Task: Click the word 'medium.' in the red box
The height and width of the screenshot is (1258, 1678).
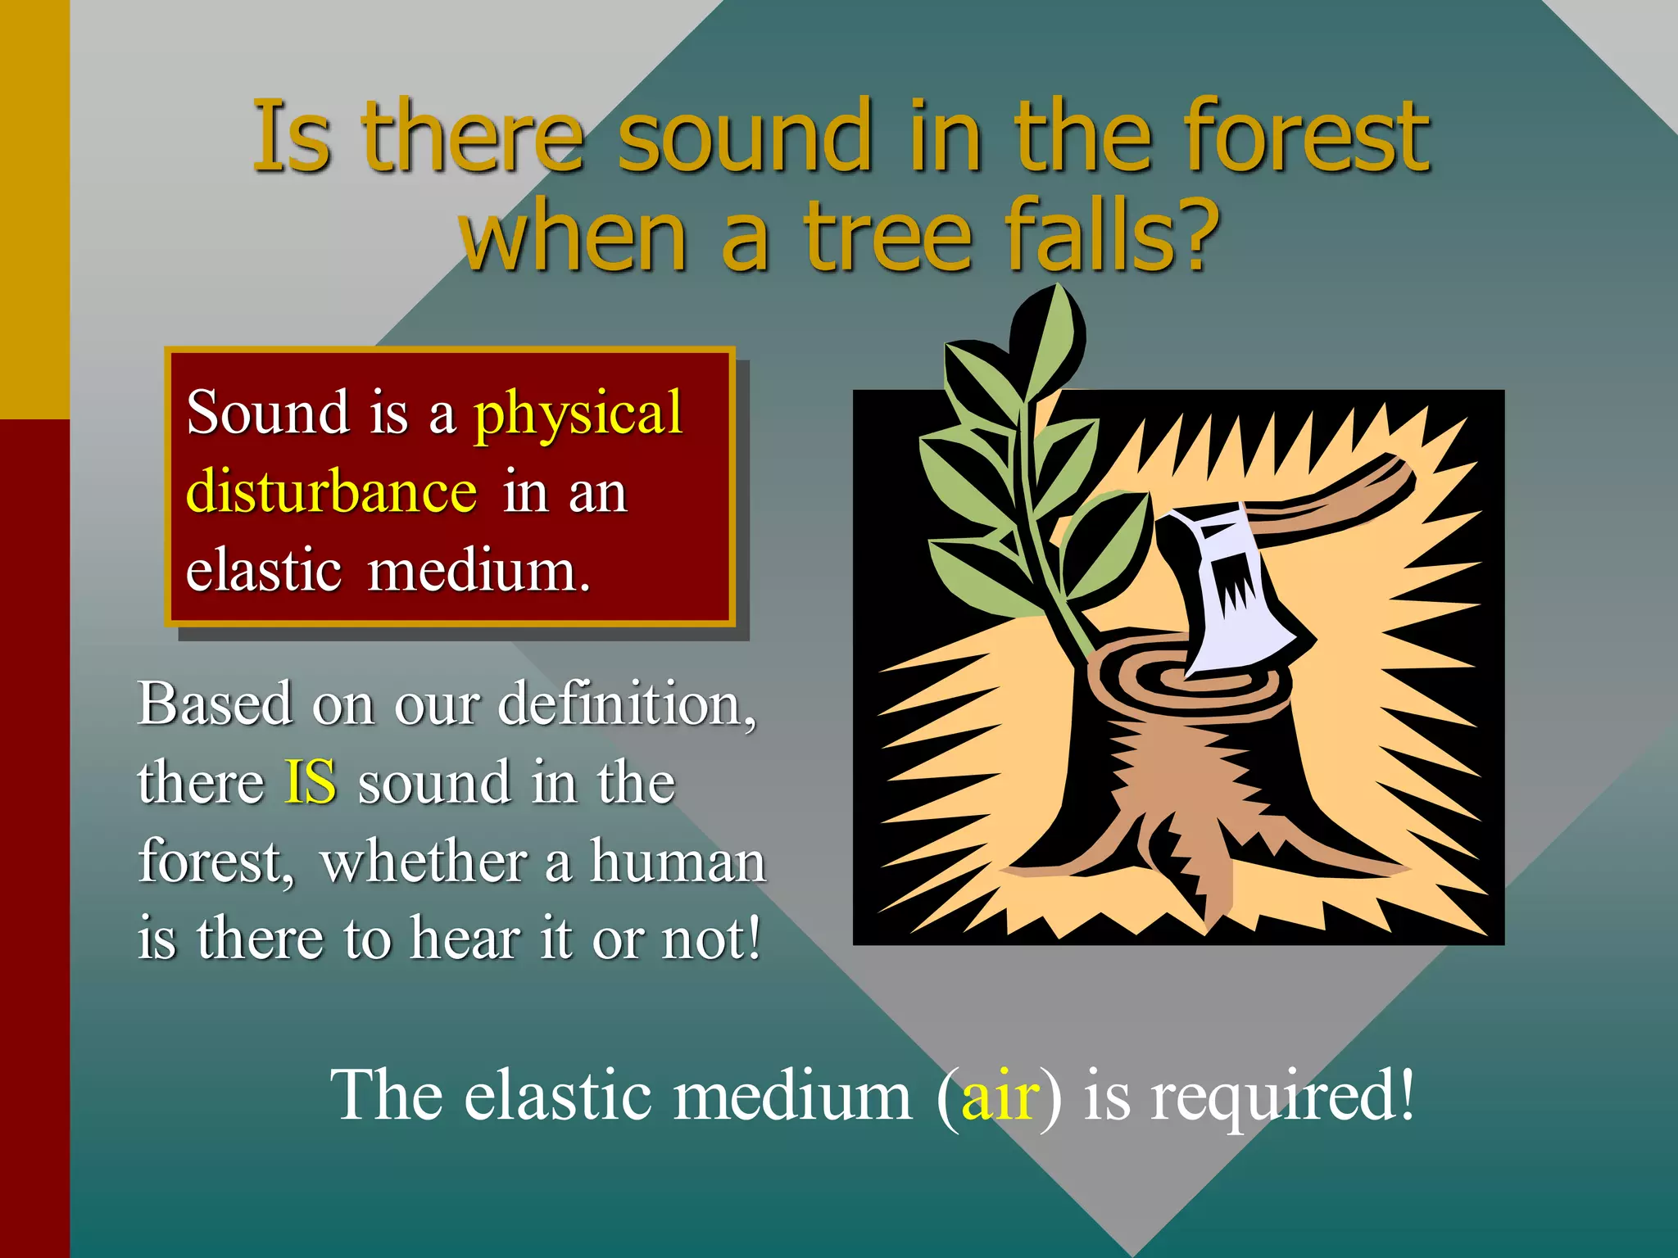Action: pyautogui.click(x=478, y=571)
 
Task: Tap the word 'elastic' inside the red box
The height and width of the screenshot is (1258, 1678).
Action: pyautogui.click(x=263, y=571)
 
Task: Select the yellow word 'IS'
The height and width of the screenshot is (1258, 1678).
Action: pyautogui.click(x=310, y=782)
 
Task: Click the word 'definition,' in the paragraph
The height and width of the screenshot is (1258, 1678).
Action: pyautogui.click(x=627, y=704)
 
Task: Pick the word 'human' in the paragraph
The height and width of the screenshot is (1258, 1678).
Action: pyautogui.click(x=678, y=862)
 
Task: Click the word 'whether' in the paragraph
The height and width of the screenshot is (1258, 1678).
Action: pyautogui.click(x=424, y=862)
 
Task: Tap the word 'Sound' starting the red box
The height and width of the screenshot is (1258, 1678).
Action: pyautogui.click(x=267, y=413)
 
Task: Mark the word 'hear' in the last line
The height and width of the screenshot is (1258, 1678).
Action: pyautogui.click(x=465, y=939)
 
